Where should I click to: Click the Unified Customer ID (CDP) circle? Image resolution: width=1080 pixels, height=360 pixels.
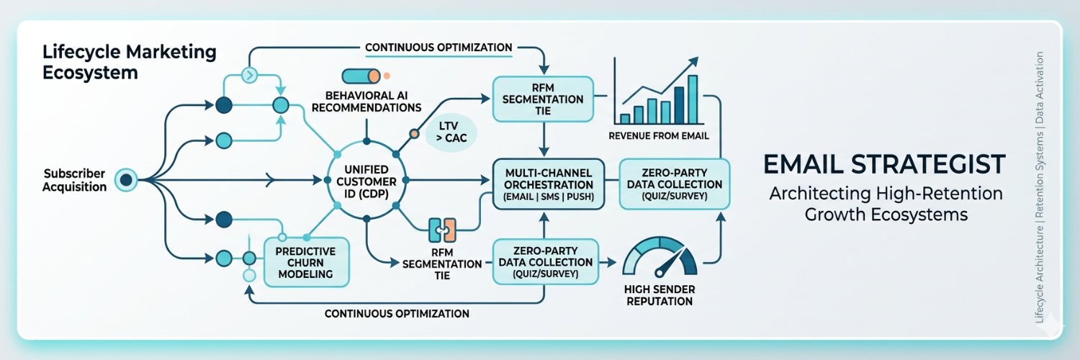click(366, 180)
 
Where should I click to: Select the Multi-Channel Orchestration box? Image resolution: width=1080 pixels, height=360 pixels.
click(549, 184)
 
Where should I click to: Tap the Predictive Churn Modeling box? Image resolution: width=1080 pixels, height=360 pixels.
click(306, 262)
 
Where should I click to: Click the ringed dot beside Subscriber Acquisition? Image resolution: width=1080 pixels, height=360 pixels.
click(126, 180)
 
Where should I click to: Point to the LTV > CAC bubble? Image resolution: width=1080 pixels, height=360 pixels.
click(451, 132)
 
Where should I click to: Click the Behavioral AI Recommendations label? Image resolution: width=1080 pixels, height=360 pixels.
click(366, 102)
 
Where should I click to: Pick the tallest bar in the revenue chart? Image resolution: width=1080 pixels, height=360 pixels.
click(693, 100)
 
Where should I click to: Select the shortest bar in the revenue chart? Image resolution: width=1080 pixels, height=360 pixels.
click(625, 119)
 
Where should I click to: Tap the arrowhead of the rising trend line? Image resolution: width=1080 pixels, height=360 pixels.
click(693, 62)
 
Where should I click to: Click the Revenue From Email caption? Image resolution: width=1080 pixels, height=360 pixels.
click(659, 136)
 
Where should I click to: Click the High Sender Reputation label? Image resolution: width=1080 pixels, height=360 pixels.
click(660, 295)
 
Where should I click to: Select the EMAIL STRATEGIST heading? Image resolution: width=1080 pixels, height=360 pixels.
click(885, 164)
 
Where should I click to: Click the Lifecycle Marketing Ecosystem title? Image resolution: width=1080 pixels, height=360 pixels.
click(129, 62)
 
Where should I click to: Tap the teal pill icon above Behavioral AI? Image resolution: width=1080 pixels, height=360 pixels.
click(361, 76)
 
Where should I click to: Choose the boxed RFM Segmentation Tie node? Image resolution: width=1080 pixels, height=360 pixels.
click(543, 99)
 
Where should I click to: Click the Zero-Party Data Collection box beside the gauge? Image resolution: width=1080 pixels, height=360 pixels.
click(545, 261)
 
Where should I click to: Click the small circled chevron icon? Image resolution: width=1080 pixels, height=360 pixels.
click(249, 75)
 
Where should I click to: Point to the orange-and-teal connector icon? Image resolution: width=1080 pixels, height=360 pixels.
click(442, 230)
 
